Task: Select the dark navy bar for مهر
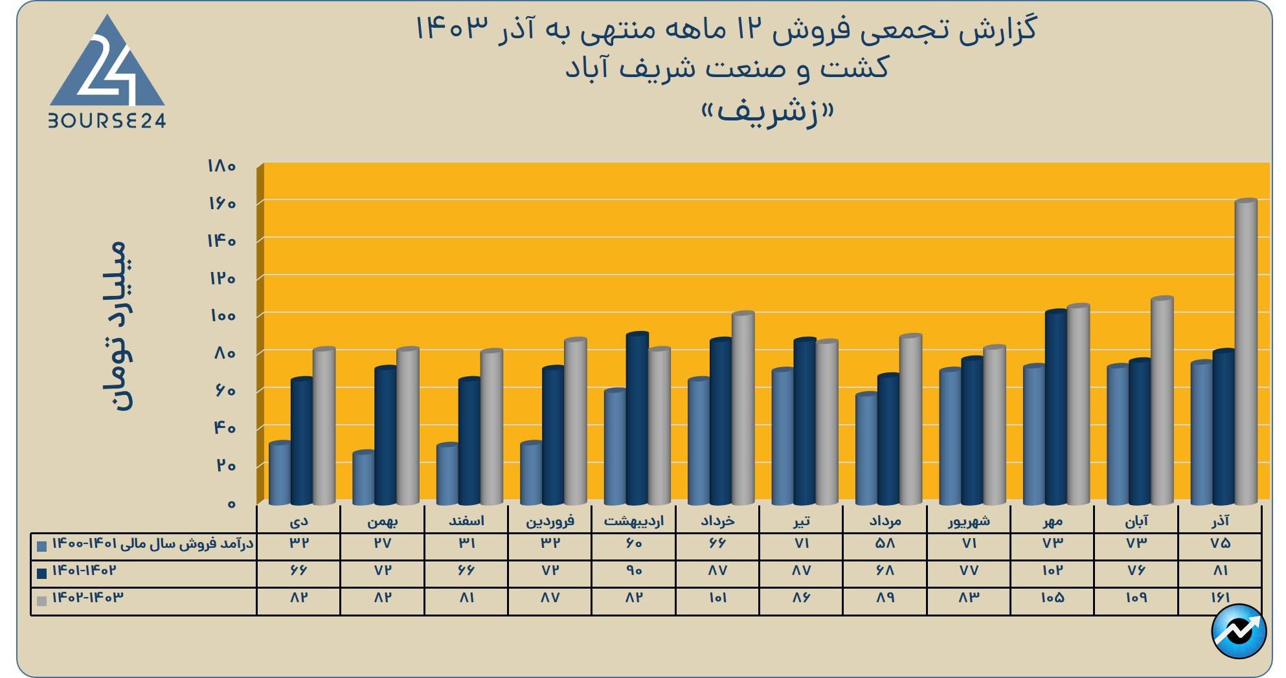pos(1055,408)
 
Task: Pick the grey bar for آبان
pos(1162,401)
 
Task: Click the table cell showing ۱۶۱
pos(1219,598)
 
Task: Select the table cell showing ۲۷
pos(383,543)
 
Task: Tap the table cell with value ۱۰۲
pos(1052,571)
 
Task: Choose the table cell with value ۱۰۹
pos(1136,598)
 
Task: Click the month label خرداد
pos(717,521)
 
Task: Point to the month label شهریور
pos(969,521)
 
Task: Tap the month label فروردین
pos(550,521)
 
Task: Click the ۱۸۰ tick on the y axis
pos(221,166)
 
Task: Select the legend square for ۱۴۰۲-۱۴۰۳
pos(42,600)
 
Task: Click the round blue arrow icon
pos(1239,631)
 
